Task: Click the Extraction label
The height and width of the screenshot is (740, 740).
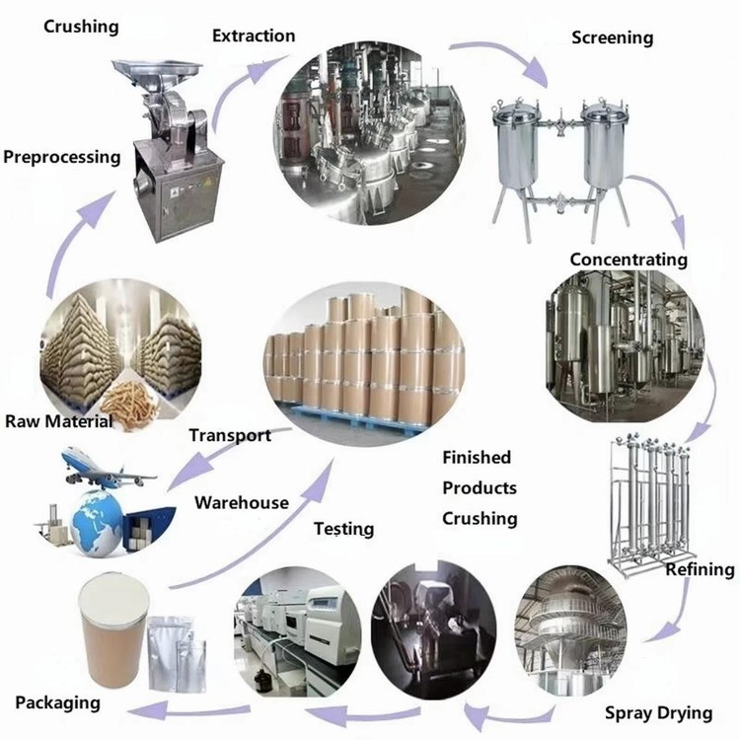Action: [254, 36]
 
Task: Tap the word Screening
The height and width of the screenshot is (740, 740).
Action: [613, 37]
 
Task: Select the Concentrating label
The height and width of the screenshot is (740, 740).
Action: [628, 259]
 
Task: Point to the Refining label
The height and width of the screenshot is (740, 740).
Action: [700, 569]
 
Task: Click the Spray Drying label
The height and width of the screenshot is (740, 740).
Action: [658, 712]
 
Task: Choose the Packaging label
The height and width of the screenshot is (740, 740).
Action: [57, 703]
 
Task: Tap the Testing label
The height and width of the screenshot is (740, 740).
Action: [343, 529]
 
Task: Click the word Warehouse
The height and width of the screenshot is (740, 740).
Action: [242, 502]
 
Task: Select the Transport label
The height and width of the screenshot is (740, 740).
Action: [230, 435]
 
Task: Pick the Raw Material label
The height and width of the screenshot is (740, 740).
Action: [59, 421]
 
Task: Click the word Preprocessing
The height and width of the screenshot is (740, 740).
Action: [62, 156]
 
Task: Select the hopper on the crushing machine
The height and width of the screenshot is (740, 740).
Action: [154, 72]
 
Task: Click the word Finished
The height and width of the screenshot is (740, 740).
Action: [477, 457]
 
